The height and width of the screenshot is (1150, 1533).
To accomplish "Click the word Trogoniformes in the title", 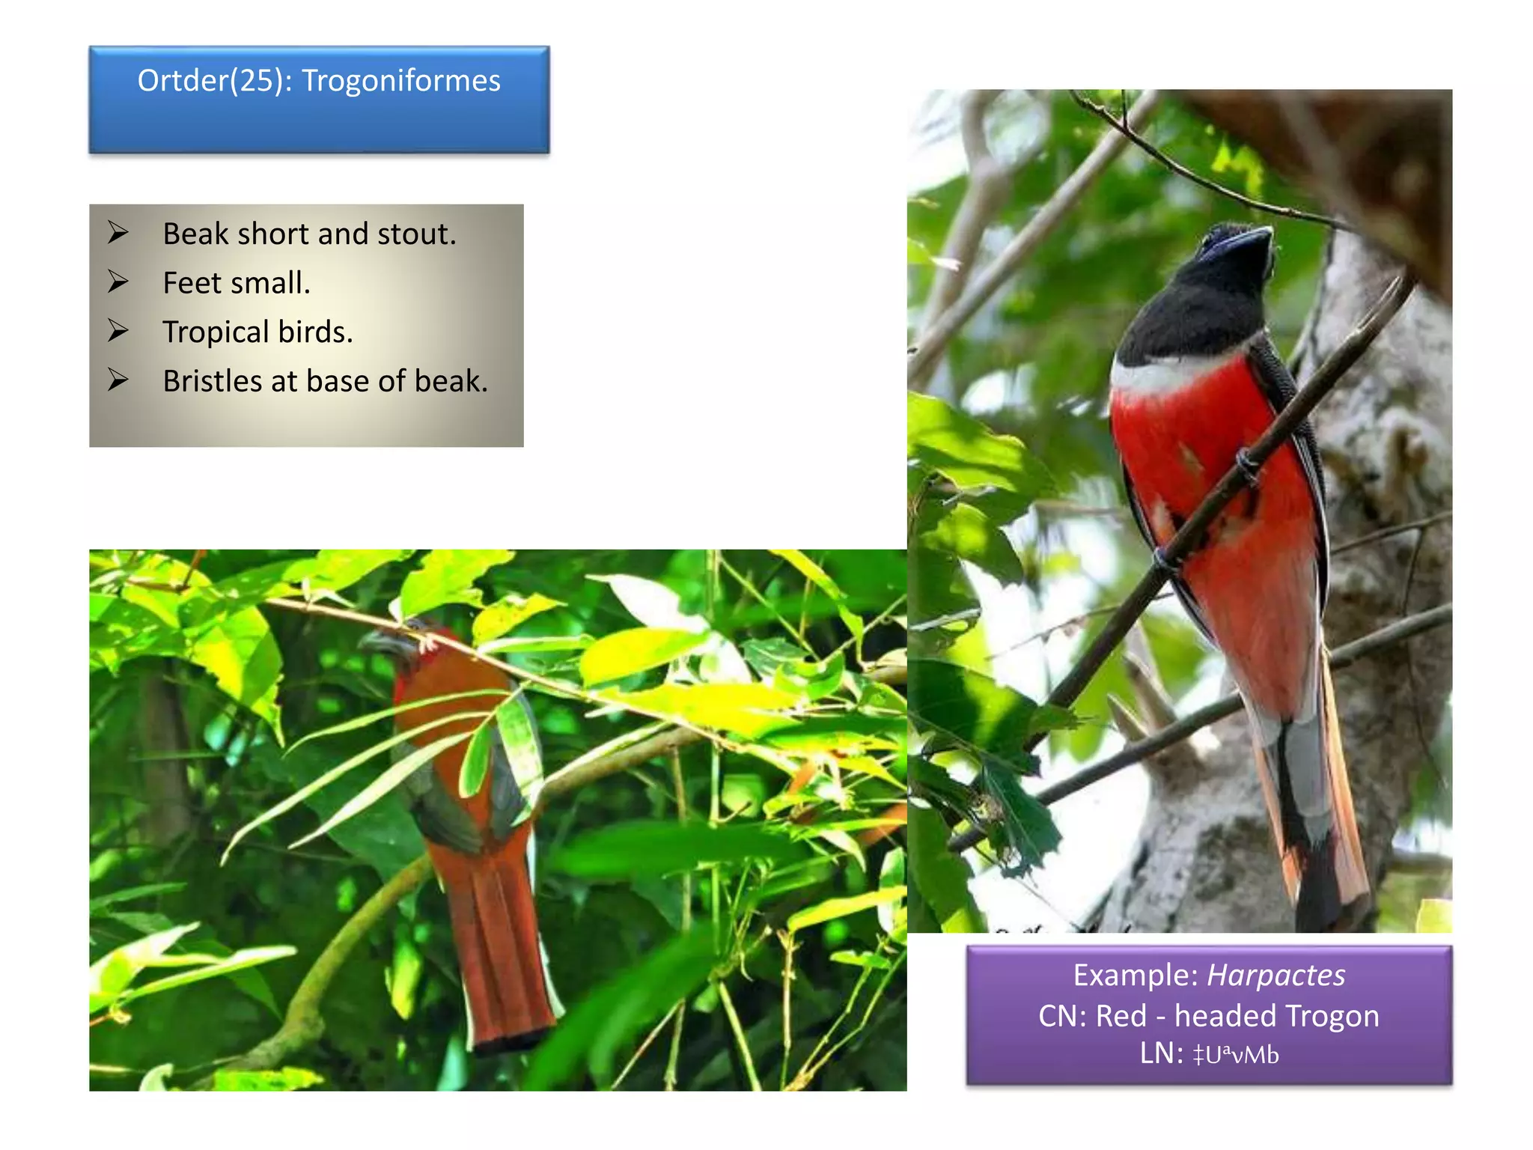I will tap(400, 81).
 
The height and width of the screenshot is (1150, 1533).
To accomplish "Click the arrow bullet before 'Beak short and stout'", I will tap(118, 233).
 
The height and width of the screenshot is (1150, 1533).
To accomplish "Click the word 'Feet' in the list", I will tap(192, 283).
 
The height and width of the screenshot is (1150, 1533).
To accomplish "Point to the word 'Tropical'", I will tap(216, 332).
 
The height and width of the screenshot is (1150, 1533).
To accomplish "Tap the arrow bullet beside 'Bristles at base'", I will tap(118, 380).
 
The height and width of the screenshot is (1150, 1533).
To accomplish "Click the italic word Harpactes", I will tap(1276, 975).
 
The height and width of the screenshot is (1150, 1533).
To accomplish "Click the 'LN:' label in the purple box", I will tap(1161, 1054).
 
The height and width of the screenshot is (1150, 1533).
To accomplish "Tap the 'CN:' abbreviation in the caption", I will tap(1062, 1016).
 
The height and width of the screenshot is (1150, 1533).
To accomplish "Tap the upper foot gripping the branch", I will tap(1247, 464).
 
